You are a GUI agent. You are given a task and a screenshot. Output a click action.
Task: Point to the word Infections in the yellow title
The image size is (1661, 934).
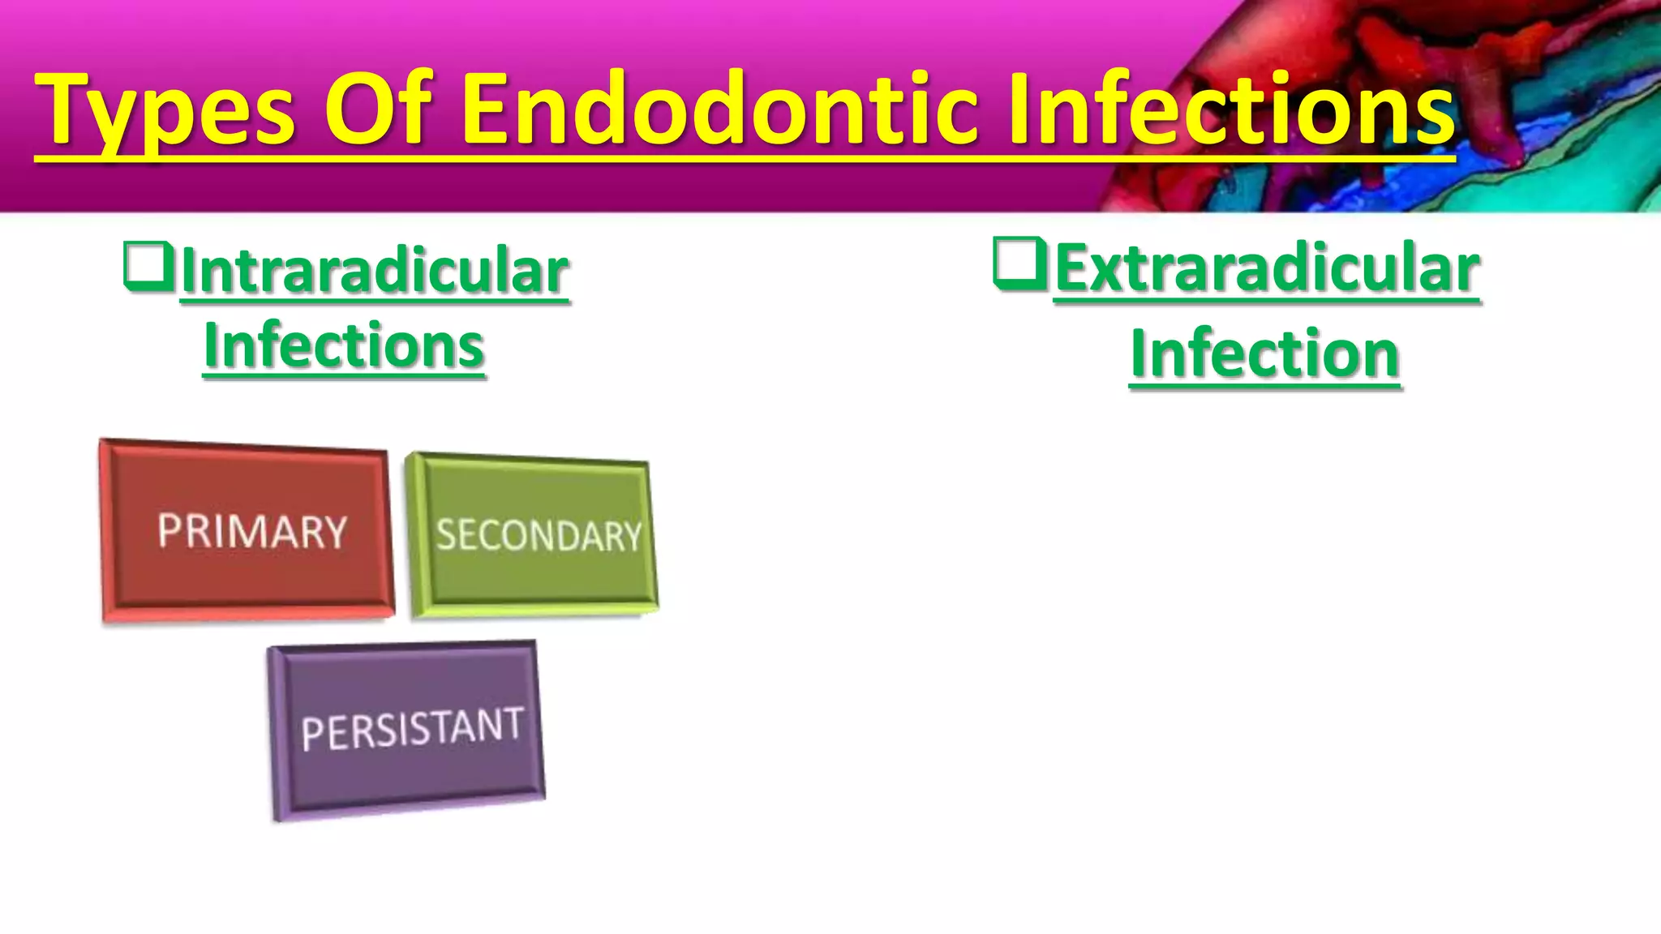1233,109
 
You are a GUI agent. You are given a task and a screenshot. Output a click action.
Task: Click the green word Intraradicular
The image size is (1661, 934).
375,271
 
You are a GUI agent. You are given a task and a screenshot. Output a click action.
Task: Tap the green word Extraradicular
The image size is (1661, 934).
1267,269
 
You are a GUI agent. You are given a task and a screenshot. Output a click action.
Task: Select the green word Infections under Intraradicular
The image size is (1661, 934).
344,346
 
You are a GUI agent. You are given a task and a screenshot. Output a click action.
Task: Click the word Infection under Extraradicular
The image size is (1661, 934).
1265,354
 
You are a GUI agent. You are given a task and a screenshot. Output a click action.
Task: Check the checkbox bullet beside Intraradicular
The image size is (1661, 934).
148,266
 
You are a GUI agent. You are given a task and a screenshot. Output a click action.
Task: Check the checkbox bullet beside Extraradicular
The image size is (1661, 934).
1019,263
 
